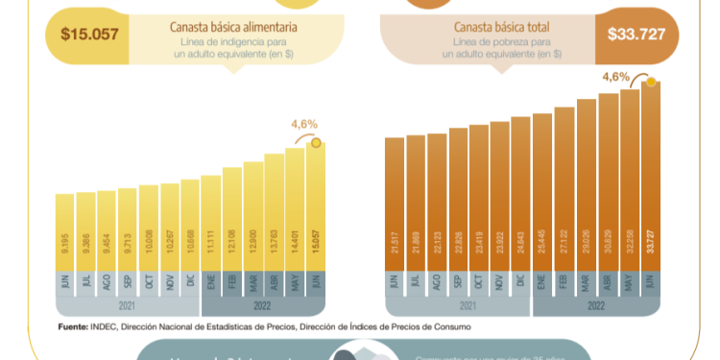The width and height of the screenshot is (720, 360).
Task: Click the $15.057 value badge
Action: click(x=89, y=35)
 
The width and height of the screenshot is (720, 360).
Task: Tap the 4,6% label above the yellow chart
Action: click(x=304, y=124)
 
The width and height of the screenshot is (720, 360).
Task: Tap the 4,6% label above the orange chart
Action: click(x=615, y=76)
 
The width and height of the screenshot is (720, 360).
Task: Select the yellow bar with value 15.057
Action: click(x=316, y=206)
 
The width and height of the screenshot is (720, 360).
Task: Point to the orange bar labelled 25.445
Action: click(x=542, y=192)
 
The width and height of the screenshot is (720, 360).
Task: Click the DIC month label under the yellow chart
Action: click(x=190, y=282)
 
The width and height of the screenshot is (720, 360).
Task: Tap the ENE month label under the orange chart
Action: click(x=542, y=282)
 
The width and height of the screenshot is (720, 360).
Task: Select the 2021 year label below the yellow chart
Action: click(x=128, y=306)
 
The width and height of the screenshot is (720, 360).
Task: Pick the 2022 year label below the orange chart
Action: click(x=596, y=306)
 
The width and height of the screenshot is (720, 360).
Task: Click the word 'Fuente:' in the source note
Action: click(x=74, y=326)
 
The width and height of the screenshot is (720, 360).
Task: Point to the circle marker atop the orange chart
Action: click(x=651, y=83)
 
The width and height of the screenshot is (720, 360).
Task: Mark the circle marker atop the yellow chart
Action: click(x=320, y=144)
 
